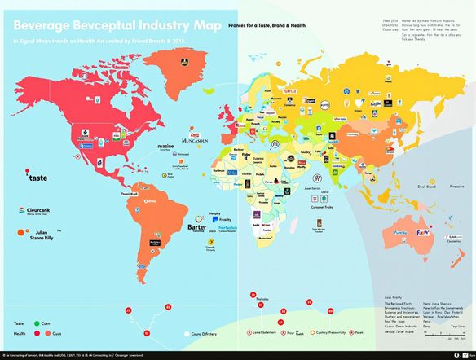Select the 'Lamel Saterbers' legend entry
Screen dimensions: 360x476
pyautogui.click(x=271, y=333)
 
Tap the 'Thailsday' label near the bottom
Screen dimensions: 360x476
pyautogui.click(x=260, y=299)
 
